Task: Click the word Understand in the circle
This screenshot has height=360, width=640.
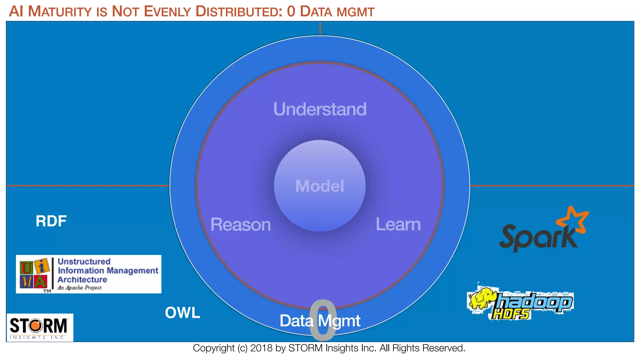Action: [x=320, y=109]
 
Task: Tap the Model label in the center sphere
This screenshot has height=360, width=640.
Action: [x=320, y=186]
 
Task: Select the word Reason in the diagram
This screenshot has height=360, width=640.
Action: [x=240, y=225]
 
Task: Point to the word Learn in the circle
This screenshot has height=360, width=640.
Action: [x=398, y=224]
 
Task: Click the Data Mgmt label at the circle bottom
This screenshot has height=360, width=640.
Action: [x=320, y=321]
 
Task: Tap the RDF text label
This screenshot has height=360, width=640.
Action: [x=51, y=221]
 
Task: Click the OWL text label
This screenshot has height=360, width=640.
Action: [x=182, y=313]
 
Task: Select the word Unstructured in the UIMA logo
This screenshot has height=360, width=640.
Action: [x=84, y=262]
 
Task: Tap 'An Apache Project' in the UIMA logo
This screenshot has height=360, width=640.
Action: [x=80, y=288]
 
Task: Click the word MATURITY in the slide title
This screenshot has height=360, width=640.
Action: [x=60, y=12]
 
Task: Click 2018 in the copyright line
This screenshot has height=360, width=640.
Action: [x=261, y=348]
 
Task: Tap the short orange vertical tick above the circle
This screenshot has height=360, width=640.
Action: [x=320, y=28]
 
